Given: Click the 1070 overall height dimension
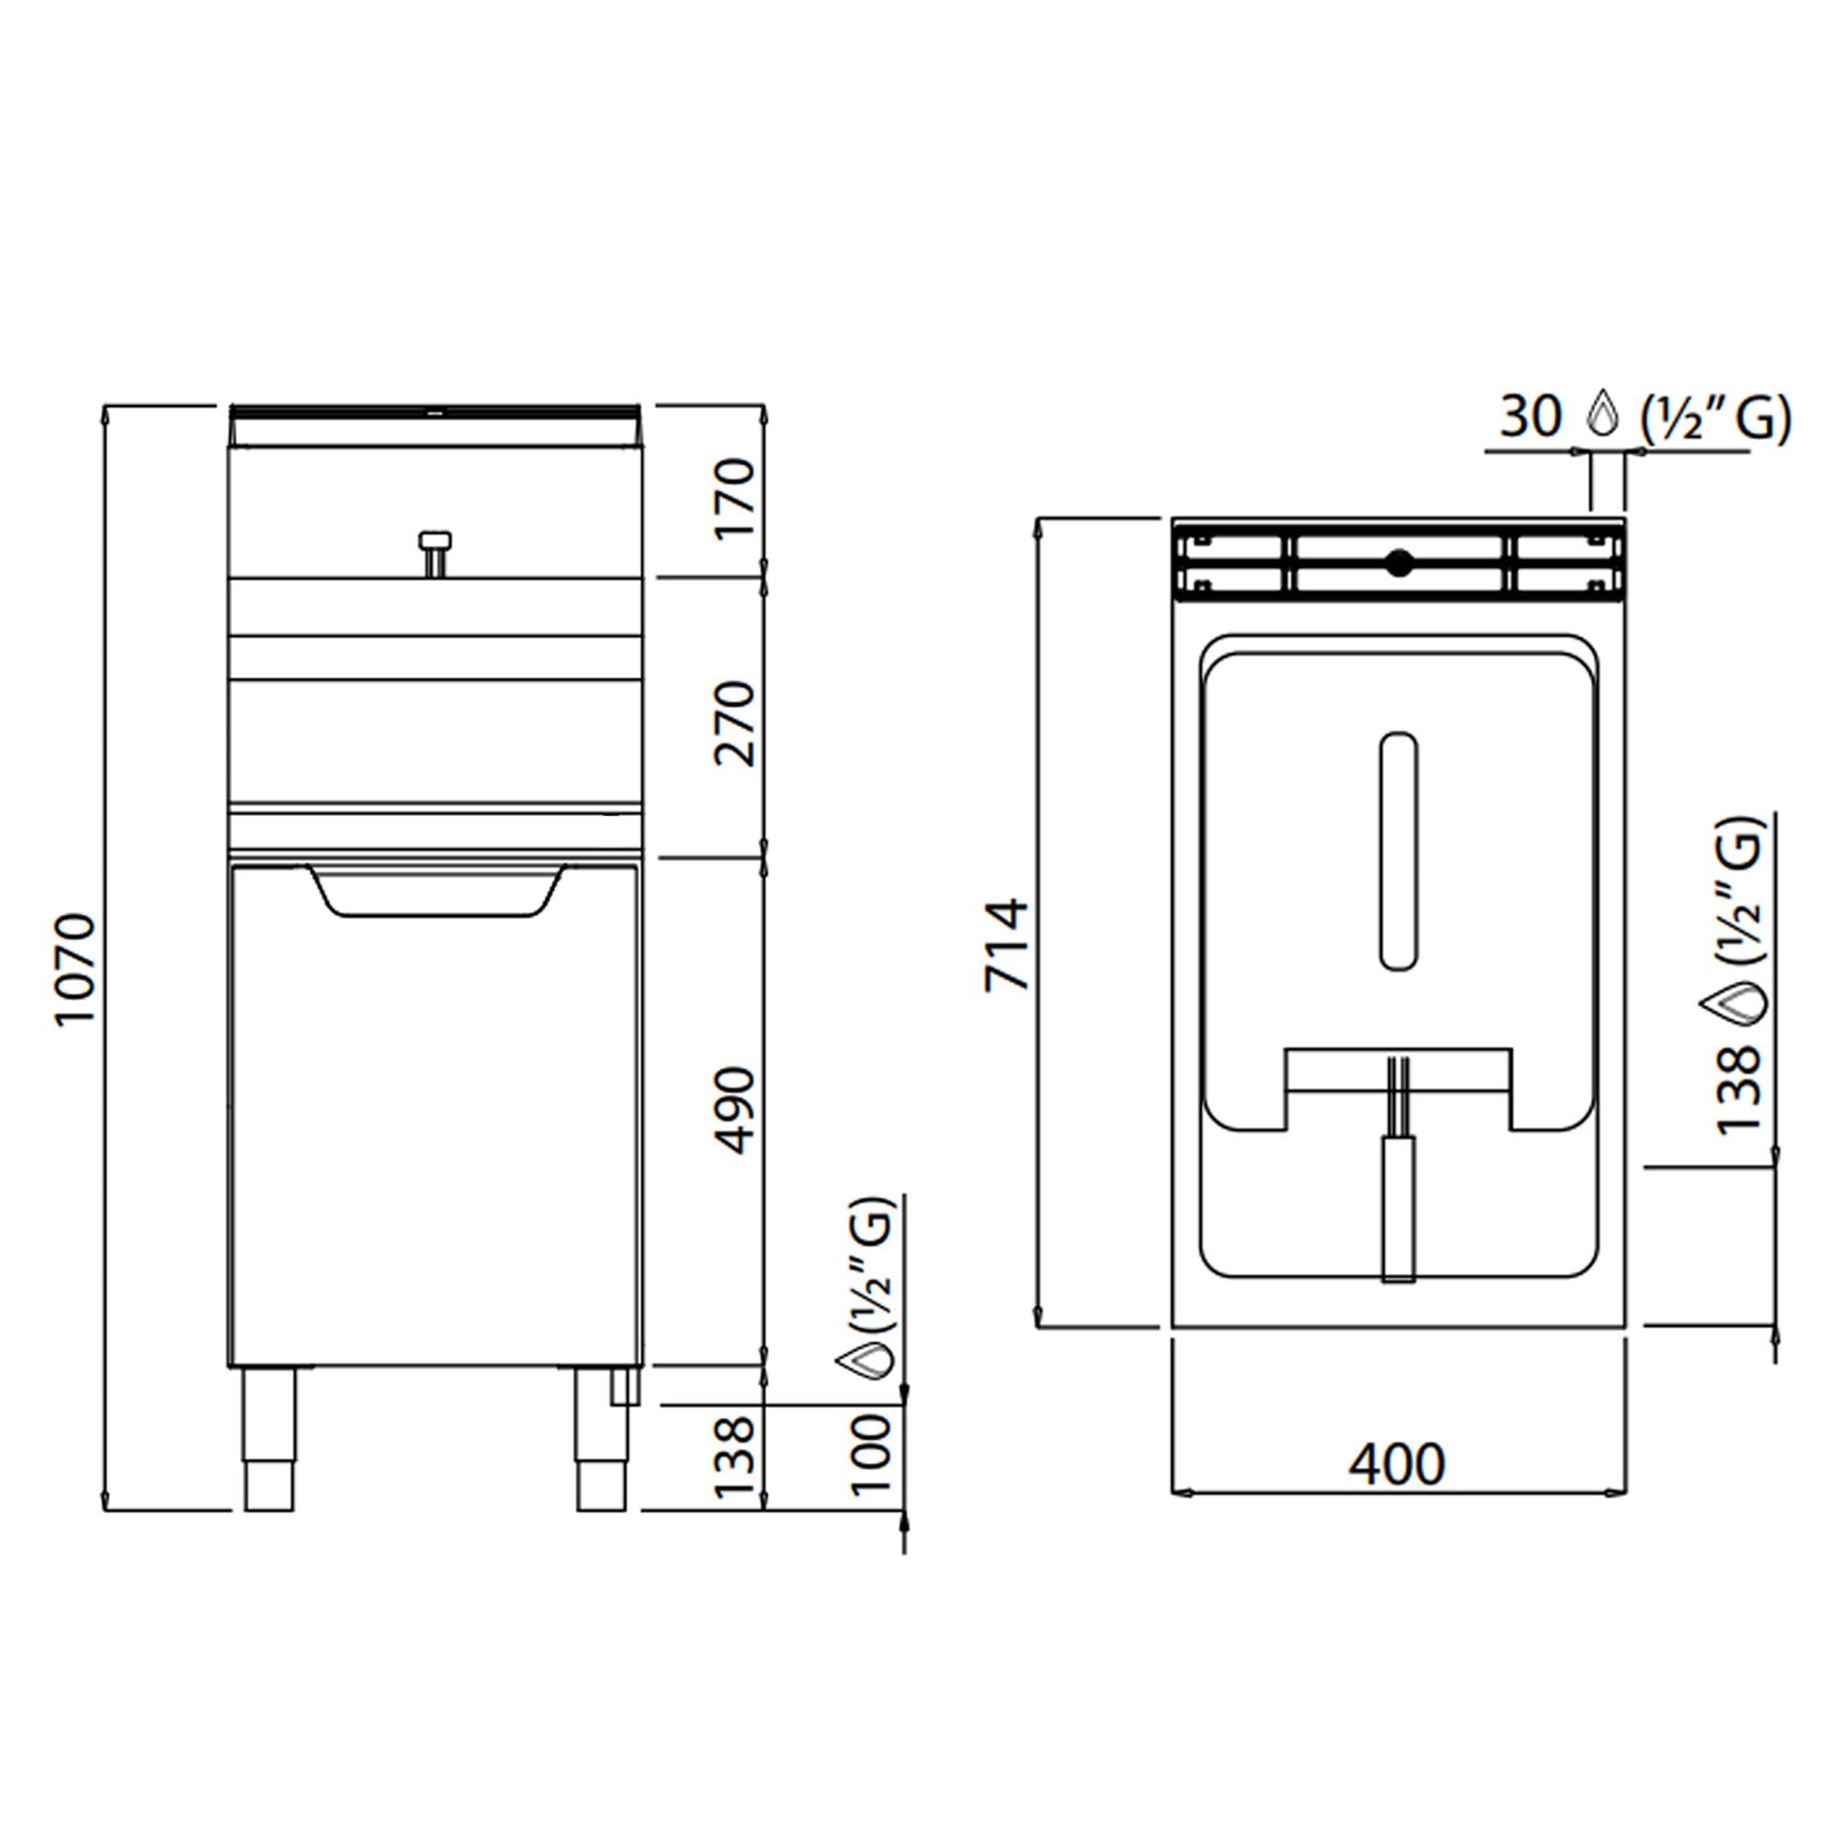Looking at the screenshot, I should pyautogui.click(x=76, y=969).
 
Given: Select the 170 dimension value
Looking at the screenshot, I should pyautogui.click(x=735, y=498).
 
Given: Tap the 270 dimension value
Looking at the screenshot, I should pyautogui.click(x=735, y=723).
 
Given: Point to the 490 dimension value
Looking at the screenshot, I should pyautogui.click(x=735, y=1111).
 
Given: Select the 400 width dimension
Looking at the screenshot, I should pyautogui.click(x=1397, y=1464).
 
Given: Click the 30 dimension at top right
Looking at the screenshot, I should pyautogui.click(x=1531, y=416).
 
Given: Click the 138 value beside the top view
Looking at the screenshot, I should pyautogui.click(x=1740, y=1089).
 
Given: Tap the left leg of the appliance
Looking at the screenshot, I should pyautogui.click(x=269, y=1439).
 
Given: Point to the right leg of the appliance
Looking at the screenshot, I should pyautogui.click(x=601, y=1439).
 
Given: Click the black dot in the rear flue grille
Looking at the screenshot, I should pyautogui.click(x=1398, y=563).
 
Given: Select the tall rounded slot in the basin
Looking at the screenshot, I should pyautogui.click(x=1398, y=852).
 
